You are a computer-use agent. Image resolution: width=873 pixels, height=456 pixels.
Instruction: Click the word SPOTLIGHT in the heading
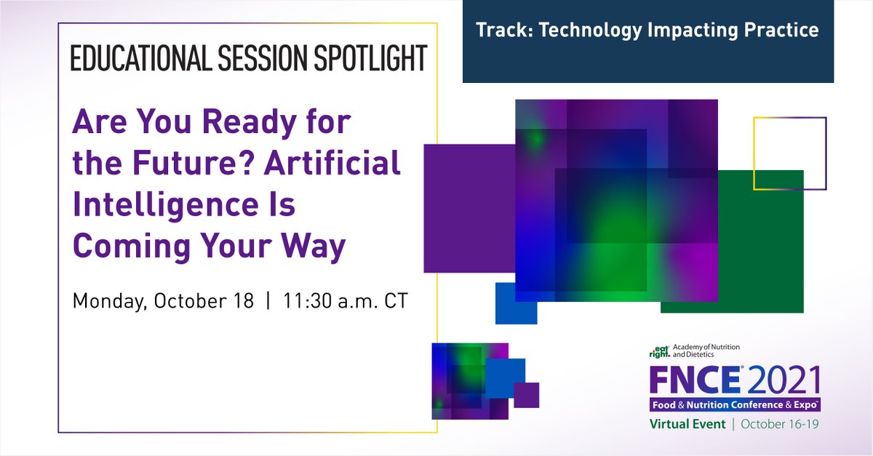click(x=370, y=58)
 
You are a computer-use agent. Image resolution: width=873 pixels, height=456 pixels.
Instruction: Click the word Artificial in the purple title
click(x=332, y=163)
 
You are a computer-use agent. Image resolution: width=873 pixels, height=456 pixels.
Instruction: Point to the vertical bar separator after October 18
click(x=268, y=301)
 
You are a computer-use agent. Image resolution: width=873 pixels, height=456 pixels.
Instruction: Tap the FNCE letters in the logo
click(x=695, y=380)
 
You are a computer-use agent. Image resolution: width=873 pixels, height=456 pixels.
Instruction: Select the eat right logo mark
click(x=659, y=351)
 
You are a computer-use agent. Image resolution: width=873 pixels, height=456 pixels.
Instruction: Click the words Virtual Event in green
click(x=687, y=424)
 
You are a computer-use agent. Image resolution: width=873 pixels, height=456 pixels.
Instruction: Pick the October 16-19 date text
click(x=779, y=424)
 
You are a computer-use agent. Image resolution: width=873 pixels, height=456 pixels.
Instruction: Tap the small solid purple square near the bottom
click(x=526, y=395)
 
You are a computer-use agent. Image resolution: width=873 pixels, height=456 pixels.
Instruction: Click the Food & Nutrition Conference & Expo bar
click(x=735, y=405)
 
